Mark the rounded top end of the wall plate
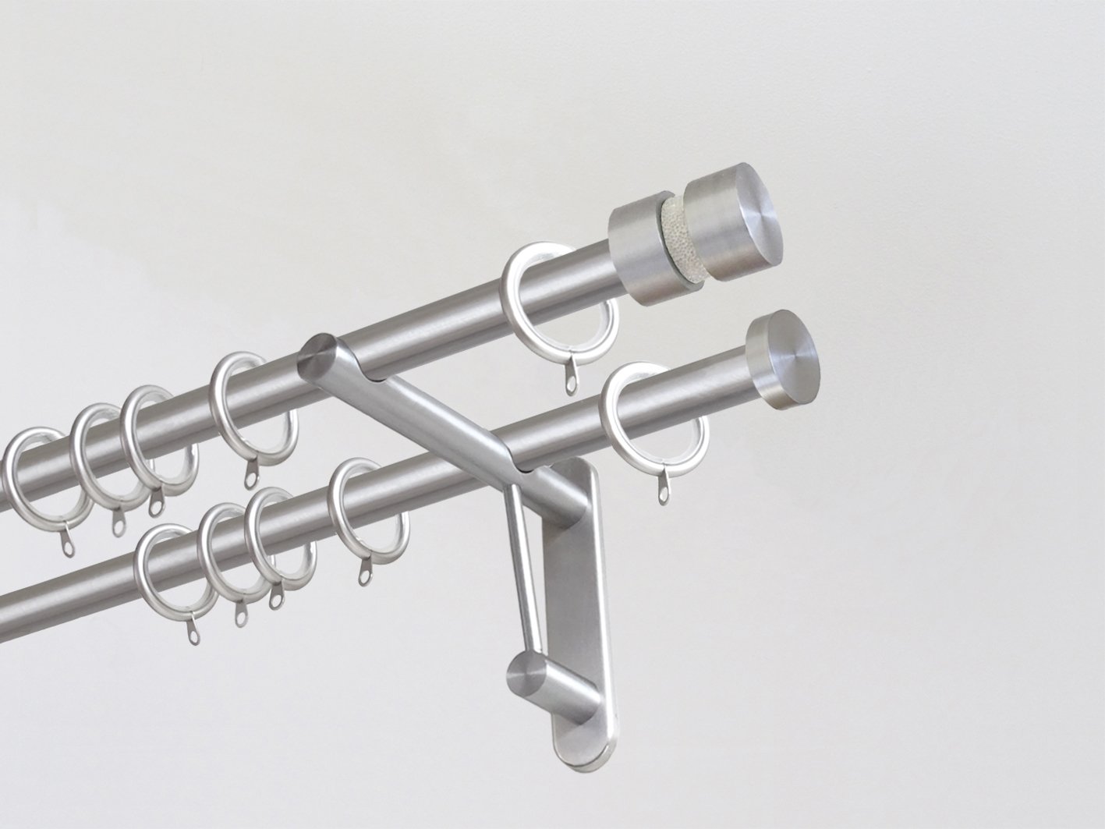[577, 476]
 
